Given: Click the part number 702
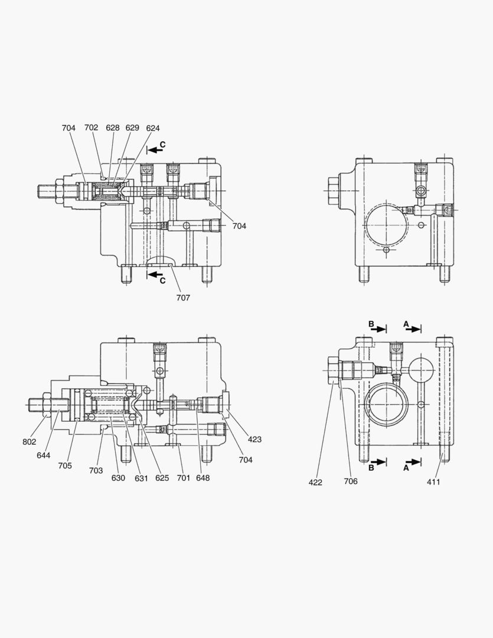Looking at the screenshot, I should point(91,128).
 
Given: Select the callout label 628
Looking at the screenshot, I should point(113,128).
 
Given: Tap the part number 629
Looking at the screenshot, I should point(132,128).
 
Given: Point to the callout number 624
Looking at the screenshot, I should point(153,128).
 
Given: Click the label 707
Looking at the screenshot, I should point(183,298).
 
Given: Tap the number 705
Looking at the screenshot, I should point(65,466).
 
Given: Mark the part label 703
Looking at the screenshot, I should point(96,471).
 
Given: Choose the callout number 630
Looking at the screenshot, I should point(118,478).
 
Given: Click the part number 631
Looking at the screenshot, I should point(141,478).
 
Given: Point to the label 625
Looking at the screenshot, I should point(162,478).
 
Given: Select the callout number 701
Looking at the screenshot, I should point(183,478).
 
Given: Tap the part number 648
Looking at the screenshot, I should point(203,478).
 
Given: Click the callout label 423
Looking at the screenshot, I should point(254,440).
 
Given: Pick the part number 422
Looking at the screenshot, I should point(315,482).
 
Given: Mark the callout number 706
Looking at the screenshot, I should point(351,482).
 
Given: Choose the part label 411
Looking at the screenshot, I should point(434,482).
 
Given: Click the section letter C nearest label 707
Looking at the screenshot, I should point(163,281).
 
